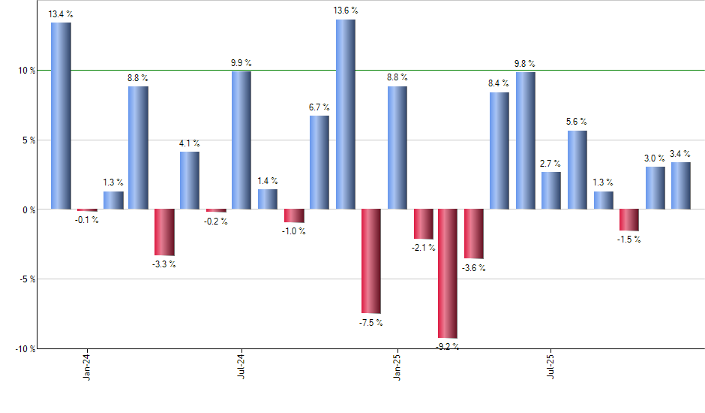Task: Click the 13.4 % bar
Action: click(x=61, y=116)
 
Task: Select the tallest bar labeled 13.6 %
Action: click(x=346, y=114)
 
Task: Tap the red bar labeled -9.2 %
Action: click(x=448, y=273)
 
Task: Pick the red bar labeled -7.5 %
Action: click(x=371, y=261)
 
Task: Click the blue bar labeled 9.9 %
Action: click(x=241, y=140)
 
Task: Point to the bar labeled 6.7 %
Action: click(x=319, y=162)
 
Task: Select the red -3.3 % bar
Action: click(x=164, y=232)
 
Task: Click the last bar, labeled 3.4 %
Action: click(x=681, y=185)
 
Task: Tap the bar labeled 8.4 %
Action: click(x=499, y=150)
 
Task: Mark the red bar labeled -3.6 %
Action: click(x=474, y=234)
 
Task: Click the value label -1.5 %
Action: click(x=629, y=240)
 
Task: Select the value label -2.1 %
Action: click(x=423, y=248)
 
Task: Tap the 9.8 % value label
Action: click(x=525, y=63)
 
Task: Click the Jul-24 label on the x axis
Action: click(x=241, y=366)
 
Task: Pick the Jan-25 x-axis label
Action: click(x=397, y=366)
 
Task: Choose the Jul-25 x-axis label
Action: click(x=552, y=366)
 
